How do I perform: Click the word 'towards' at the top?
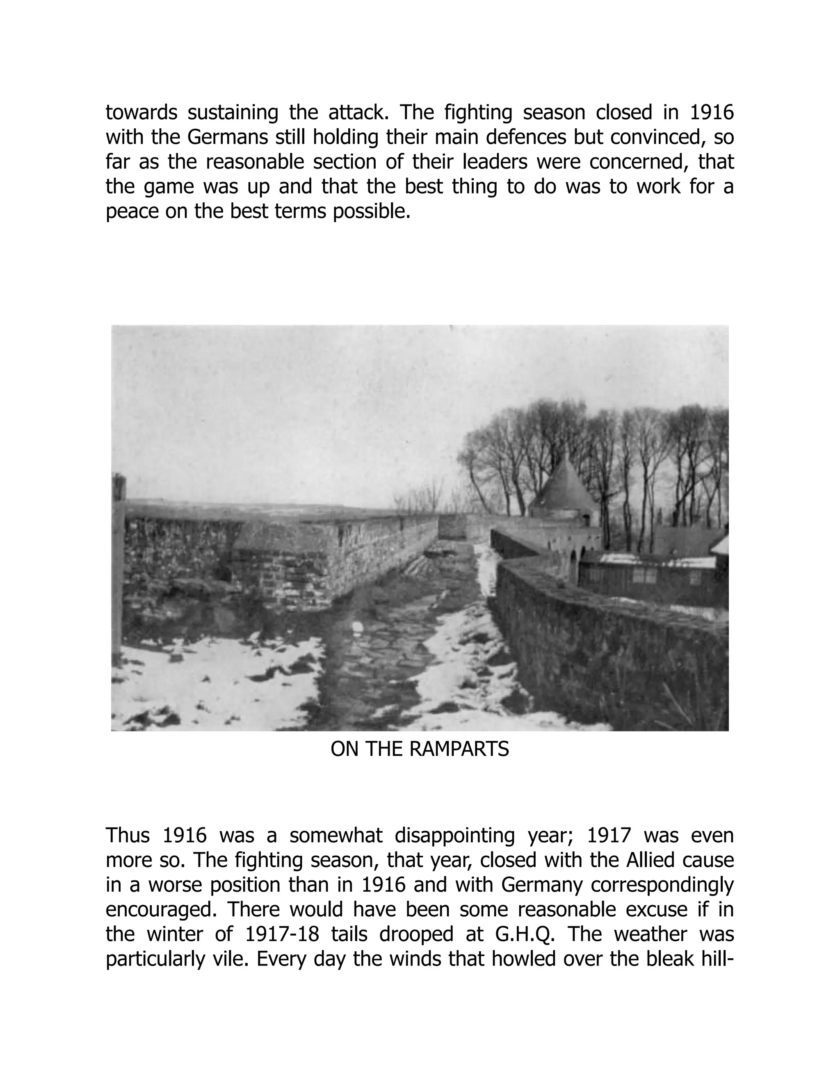(x=142, y=113)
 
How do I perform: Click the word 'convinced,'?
(x=658, y=138)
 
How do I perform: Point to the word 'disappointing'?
(x=454, y=836)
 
